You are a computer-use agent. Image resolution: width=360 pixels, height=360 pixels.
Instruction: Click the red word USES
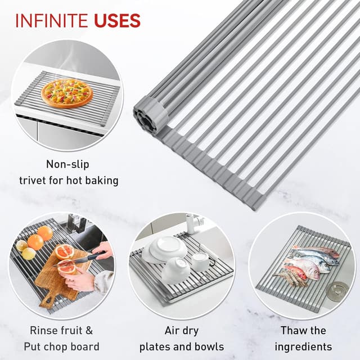[117, 21]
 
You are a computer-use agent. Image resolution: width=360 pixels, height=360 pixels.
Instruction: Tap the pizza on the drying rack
[67, 93]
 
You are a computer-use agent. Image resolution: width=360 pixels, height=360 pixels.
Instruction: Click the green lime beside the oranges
[22, 245]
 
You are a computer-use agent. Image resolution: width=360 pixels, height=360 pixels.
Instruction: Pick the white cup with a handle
[200, 262]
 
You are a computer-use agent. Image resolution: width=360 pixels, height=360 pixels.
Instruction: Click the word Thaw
[294, 330]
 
